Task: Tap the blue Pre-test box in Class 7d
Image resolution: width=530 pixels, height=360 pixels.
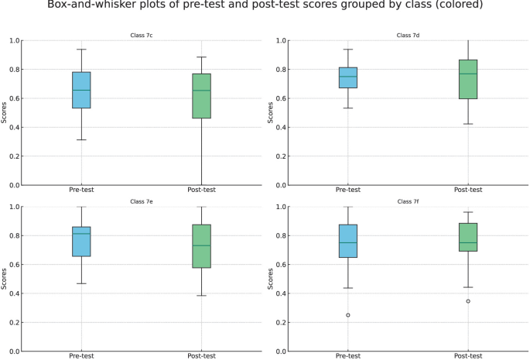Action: [x=348, y=77]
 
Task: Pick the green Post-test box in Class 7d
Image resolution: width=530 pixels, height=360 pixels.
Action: [x=468, y=79]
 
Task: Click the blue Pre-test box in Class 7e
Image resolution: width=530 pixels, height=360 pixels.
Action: [x=81, y=242]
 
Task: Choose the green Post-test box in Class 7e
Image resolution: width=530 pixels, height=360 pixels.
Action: [x=201, y=246]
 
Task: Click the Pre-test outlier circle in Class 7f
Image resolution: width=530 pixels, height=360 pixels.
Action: [x=348, y=315]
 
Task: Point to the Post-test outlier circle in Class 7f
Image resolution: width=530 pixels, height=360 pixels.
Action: [x=468, y=301]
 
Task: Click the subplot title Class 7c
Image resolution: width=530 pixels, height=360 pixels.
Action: [x=142, y=35]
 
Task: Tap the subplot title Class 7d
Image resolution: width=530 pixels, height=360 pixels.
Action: [x=408, y=35]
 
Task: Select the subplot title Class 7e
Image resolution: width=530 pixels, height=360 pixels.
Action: [x=142, y=201]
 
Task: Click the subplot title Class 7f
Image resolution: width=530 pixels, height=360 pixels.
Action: [x=408, y=201]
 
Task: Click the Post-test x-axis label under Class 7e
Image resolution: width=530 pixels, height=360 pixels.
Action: [x=201, y=355]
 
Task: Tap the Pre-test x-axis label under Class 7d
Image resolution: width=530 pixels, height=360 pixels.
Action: [x=348, y=190]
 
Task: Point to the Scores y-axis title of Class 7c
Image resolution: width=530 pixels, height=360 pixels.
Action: [x=5, y=113]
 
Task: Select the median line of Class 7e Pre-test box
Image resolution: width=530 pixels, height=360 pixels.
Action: [x=81, y=234]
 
